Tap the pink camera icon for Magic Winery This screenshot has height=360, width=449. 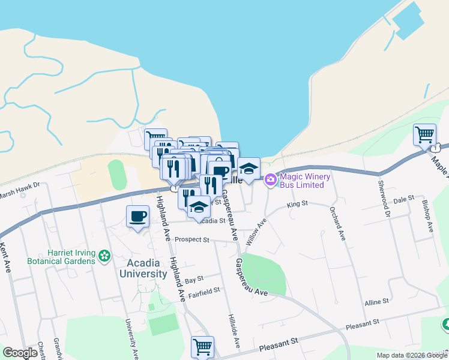270,179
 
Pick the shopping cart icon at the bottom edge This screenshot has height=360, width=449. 202,346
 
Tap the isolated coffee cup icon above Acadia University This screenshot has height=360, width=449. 137,216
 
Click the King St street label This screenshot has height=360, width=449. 297,205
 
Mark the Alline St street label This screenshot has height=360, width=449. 377,302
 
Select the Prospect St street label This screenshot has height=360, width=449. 191,239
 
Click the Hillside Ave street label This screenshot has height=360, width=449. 233,331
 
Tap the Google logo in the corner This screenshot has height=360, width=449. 20,353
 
